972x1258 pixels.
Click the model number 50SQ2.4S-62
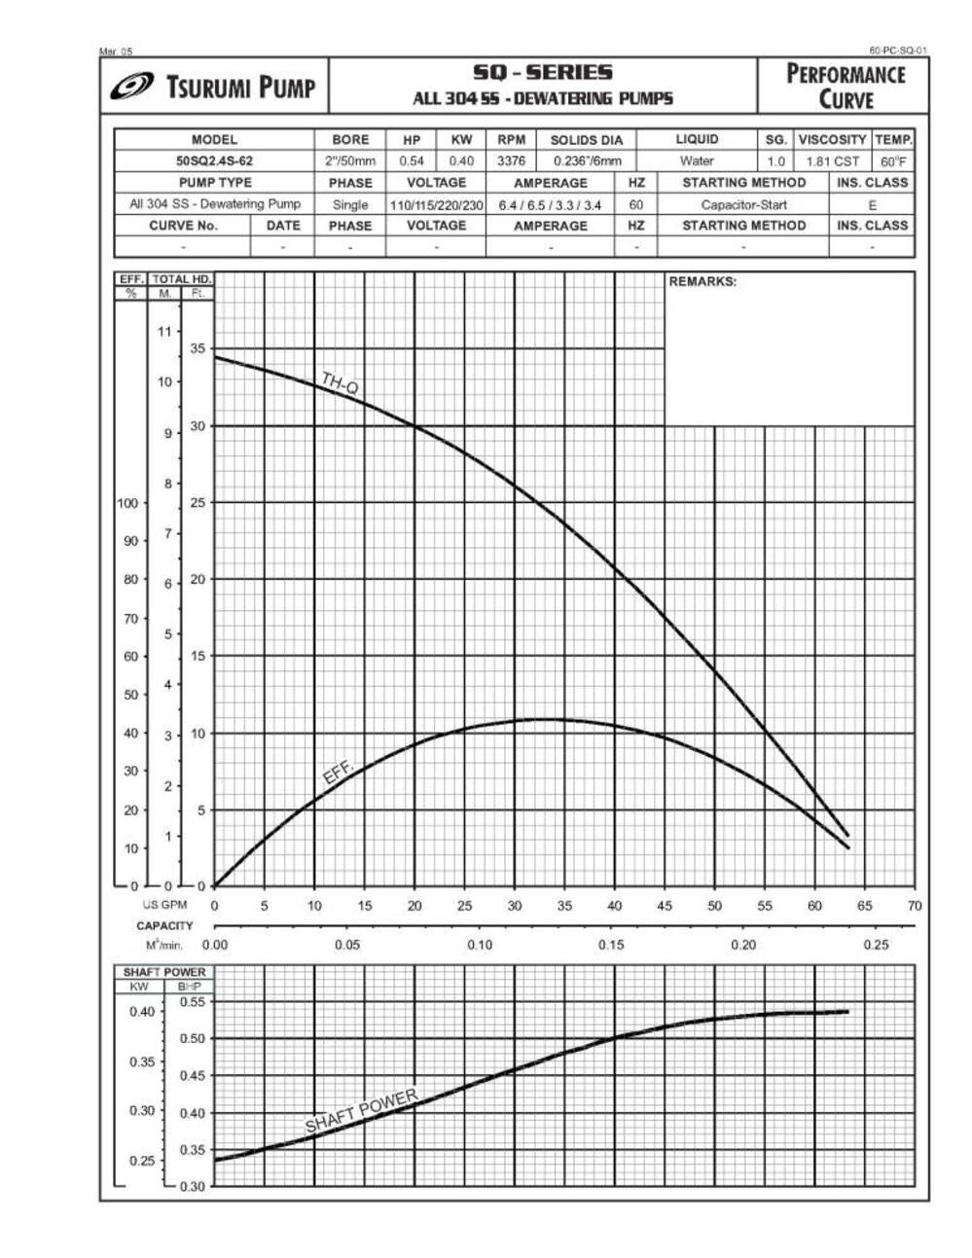point(214,162)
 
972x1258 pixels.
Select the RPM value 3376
point(511,162)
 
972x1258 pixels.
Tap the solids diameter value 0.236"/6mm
point(587,162)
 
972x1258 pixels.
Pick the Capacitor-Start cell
point(743,205)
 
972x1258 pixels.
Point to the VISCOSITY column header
point(832,140)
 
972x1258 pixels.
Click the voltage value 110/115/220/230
point(436,205)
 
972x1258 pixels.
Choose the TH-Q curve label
point(340,383)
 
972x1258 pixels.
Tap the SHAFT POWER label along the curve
point(361,1111)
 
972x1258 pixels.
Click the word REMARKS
point(702,282)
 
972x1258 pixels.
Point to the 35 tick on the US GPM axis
point(564,906)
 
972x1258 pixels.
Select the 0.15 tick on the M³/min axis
point(611,945)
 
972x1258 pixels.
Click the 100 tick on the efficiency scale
point(127,503)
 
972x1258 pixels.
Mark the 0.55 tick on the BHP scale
point(193,1002)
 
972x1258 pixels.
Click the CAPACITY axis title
point(164,925)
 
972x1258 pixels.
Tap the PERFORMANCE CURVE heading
point(845,86)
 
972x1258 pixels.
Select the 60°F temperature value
point(893,162)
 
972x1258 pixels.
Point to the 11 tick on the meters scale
point(163,332)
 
